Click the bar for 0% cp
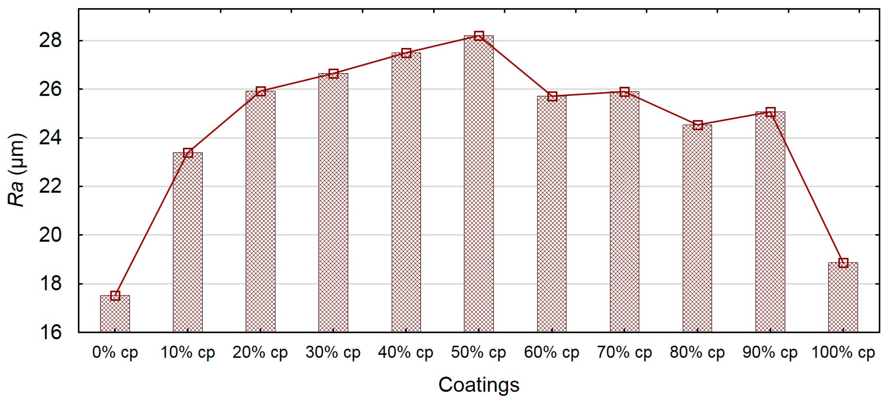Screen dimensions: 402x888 [x=115, y=314]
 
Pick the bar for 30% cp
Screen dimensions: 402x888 [x=333, y=203]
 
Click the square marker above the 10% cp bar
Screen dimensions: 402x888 [x=188, y=153]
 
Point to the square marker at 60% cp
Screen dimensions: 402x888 [x=552, y=96]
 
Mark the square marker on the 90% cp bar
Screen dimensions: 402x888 [x=770, y=112]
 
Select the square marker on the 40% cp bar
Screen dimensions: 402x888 [x=406, y=53]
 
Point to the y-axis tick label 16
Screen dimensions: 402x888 [x=50, y=332]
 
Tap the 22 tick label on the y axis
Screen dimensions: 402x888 [x=50, y=186]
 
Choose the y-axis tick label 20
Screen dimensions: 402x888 [x=50, y=235]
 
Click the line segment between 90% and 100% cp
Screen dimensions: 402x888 [x=807, y=188]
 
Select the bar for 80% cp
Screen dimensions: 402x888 [x=697, y=229]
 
